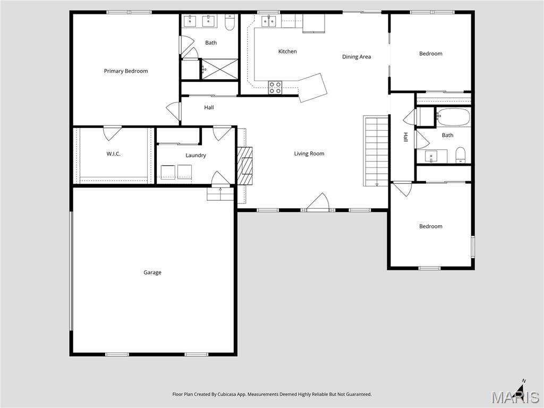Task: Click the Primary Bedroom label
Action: (126, 71)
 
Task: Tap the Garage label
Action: (152, 273)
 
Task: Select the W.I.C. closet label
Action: (113, 154)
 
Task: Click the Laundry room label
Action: (195, 155)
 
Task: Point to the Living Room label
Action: (309, 154)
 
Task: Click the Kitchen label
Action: (287, 52)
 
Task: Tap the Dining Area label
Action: (356, 57)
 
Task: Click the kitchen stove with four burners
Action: (275, 87)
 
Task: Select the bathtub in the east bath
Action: (453, 117)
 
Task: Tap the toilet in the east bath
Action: (461, 155)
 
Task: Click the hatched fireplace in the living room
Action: (245, 165)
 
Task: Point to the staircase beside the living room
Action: (376, 151)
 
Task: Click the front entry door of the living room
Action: (318, 203)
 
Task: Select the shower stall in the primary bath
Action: (219, 69)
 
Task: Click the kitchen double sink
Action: (268, 21)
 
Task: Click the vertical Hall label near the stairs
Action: (405, 137)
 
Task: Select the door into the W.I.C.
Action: (112, 132)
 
